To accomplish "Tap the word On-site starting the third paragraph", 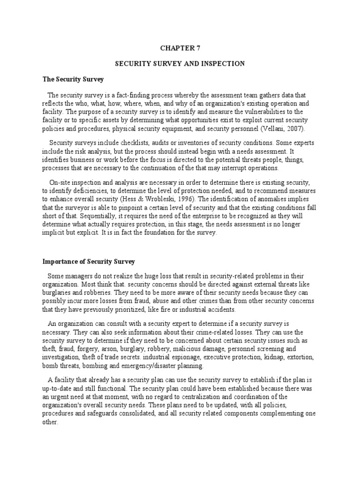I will (60, 182).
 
